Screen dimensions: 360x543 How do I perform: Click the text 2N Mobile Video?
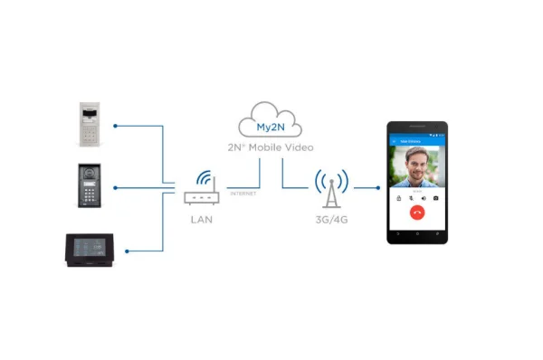pyautogui.click(x=269, y=147)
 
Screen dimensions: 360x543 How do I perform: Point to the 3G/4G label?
pyautogui.click(x=332, y=219)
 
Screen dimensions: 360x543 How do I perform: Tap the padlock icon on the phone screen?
pyautogui.click(x=399, y=197)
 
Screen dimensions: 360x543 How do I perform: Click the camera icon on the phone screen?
pyautogui.click(x=436, y=197)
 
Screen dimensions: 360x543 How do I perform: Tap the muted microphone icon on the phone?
pyautogui.click(x=411, y=197)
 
